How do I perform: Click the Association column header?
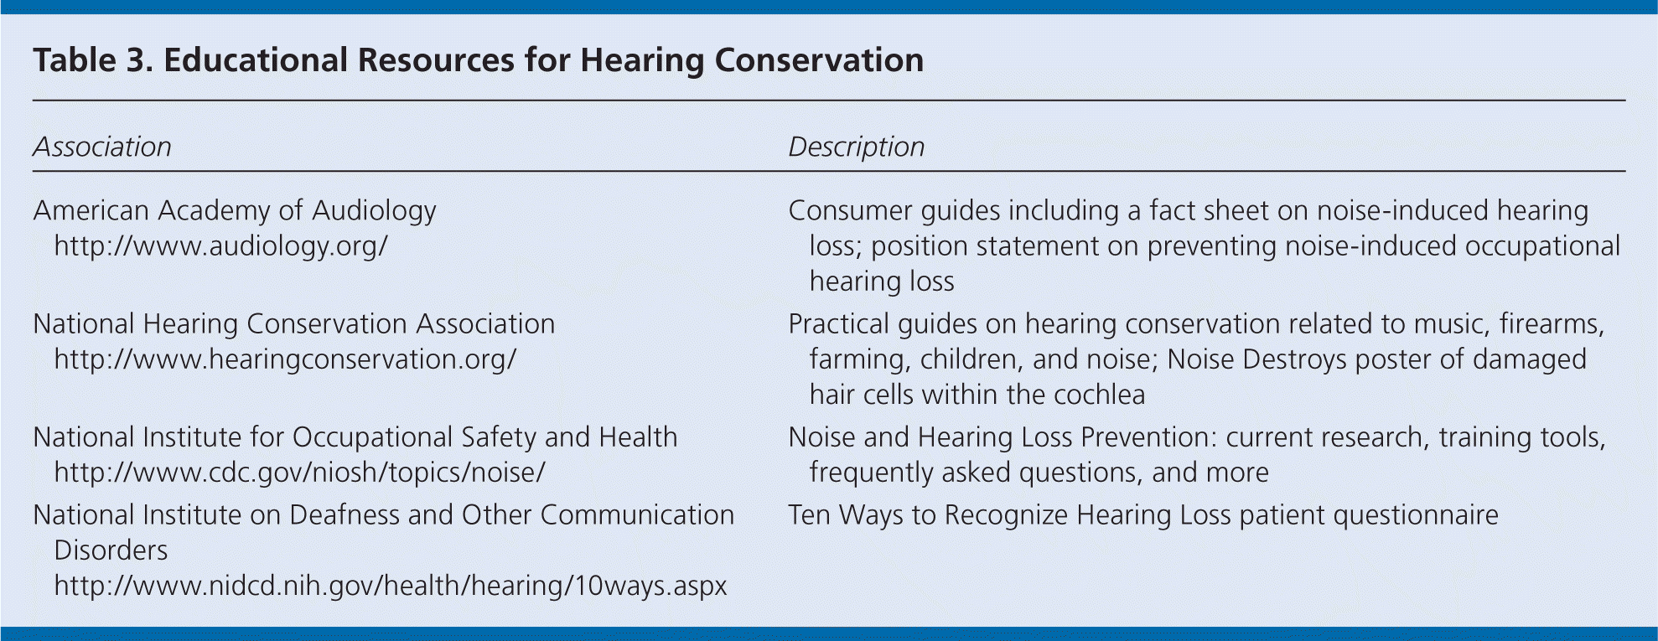102,147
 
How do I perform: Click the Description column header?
857,147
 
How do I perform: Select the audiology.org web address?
221,246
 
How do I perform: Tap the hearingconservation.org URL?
285,359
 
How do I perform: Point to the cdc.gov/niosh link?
300,473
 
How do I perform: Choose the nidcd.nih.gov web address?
391,585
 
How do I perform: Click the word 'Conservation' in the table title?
819,60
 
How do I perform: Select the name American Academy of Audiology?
235,210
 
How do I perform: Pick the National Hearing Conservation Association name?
294,323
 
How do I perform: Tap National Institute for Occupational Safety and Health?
355,437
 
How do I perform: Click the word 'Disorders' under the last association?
111,550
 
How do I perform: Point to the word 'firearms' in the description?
1552,324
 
